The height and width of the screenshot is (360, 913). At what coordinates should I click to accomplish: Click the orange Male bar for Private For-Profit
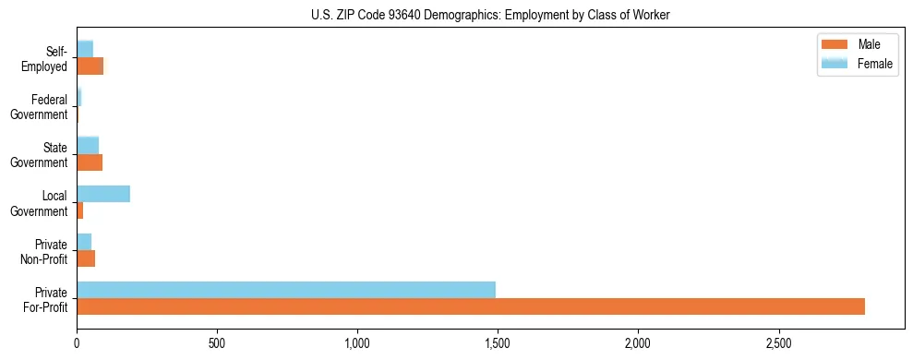[471, 306]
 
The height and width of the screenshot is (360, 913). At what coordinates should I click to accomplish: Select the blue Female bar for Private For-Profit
[286, 290]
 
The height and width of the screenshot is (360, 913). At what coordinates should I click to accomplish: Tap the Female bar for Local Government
[103, 194]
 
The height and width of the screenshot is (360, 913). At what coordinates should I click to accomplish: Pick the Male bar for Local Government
[80, 210]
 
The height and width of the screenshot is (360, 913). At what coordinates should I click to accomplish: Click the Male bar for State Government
[90, 162]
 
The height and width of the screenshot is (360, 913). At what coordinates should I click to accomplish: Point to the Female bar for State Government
[88, 145]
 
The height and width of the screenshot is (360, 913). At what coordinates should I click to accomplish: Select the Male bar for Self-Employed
[90, 66]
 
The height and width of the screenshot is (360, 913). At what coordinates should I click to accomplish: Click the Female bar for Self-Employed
[85, 49]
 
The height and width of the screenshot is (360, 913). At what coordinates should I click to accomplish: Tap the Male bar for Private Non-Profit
[86, 258]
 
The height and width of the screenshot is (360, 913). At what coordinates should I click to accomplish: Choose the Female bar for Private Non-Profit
[84, 242]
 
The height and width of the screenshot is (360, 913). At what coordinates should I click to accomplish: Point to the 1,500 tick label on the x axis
[498, 342]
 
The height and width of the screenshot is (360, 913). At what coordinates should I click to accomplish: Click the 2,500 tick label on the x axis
[778, 342]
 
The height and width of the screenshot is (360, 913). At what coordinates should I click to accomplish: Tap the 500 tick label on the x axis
[217, 342]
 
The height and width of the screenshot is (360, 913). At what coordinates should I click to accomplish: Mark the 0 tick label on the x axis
[77, 342]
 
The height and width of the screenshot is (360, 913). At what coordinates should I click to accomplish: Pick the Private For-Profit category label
[46, 299]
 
